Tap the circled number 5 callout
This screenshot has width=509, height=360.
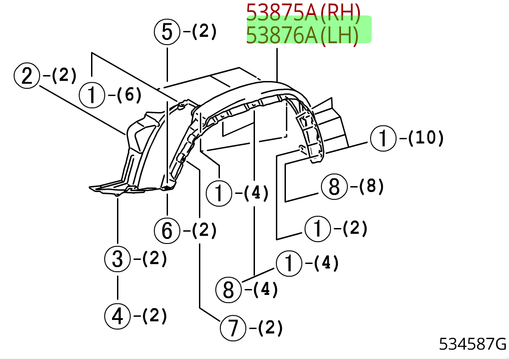tap(167, 32)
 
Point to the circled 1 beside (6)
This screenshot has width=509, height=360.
tap(92, 96)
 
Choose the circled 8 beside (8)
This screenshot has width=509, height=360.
tap(334, 186)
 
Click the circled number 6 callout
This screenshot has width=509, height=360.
tap(167, 231)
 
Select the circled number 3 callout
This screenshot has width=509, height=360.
tap(117, 259)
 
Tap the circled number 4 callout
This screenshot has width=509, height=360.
tap(117, 316)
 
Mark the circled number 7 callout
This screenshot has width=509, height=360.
tap(233, 328)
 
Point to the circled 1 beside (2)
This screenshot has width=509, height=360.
tap(317, 228)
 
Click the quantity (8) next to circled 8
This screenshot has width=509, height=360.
tap(371, 186)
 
